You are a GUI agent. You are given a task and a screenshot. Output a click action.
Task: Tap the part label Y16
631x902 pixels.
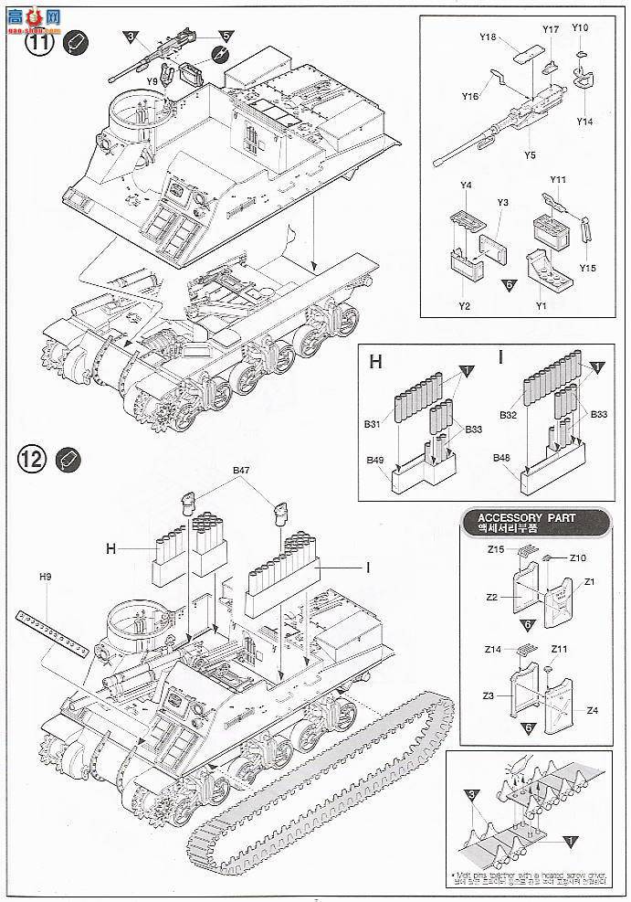coord(469,95)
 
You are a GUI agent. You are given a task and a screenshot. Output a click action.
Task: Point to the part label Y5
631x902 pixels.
coord(530,155)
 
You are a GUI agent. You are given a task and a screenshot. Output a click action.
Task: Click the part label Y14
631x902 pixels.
coord(584,122)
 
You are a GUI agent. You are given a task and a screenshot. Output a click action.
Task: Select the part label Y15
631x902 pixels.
coord(587,268)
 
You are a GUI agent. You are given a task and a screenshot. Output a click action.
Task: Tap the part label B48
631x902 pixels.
coord(501,457)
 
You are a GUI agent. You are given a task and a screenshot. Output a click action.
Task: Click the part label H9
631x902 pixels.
coord(46,577)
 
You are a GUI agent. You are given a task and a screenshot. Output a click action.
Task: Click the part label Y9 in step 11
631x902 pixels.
coord(152,80)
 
